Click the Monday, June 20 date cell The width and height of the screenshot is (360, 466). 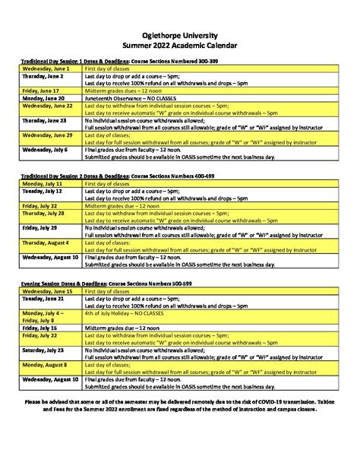pyautogui.click(x=43, y=99)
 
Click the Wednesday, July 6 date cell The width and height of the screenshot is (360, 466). pyautogui.click(x=45, y=150)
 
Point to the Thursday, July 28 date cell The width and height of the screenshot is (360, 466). pyautogui.click(x=44, y=214)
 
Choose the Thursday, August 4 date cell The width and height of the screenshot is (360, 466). pyautogui.click(x=46, y=243)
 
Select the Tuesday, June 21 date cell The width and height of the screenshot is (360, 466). pyautogui.click(x=43, y=299)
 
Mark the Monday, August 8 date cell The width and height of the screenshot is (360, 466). pyautogui.click(x=43, y=365)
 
